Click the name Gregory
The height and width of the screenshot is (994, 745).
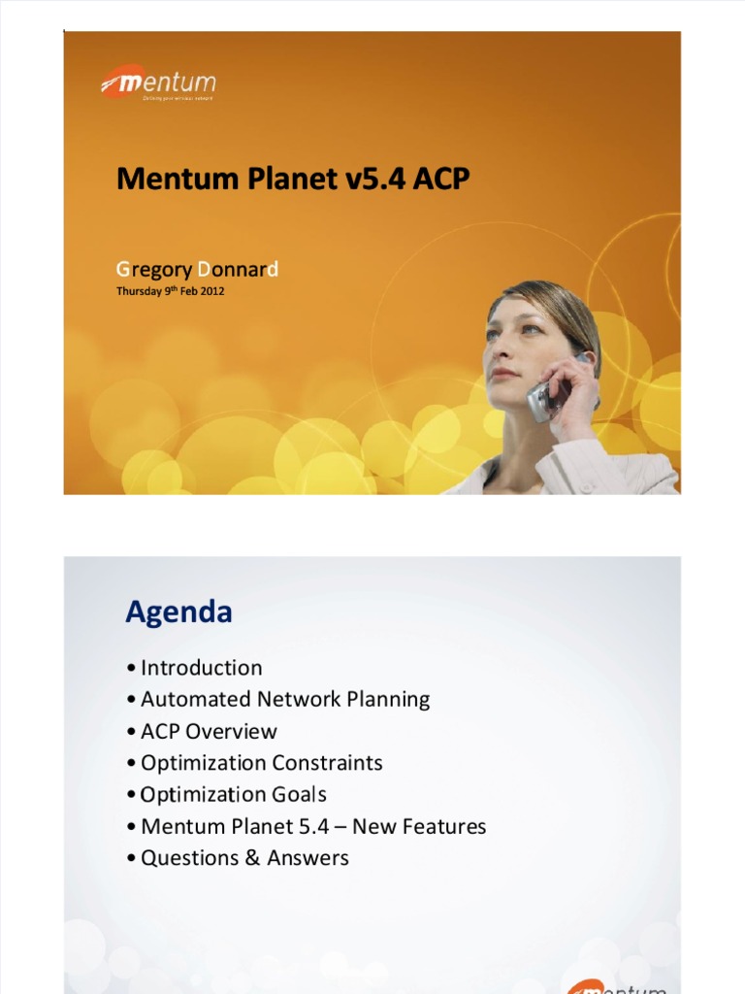tap(153, 270)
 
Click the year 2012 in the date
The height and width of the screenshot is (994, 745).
tap(212, 290)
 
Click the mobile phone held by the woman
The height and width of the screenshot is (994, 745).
tap(543, 397)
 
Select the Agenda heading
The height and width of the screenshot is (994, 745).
tap(178, 613)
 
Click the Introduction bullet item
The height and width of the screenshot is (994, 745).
tap(201, 668)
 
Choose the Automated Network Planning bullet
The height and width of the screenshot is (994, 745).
tap(284, 699)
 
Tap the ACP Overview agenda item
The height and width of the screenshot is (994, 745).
tap(209, 731)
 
